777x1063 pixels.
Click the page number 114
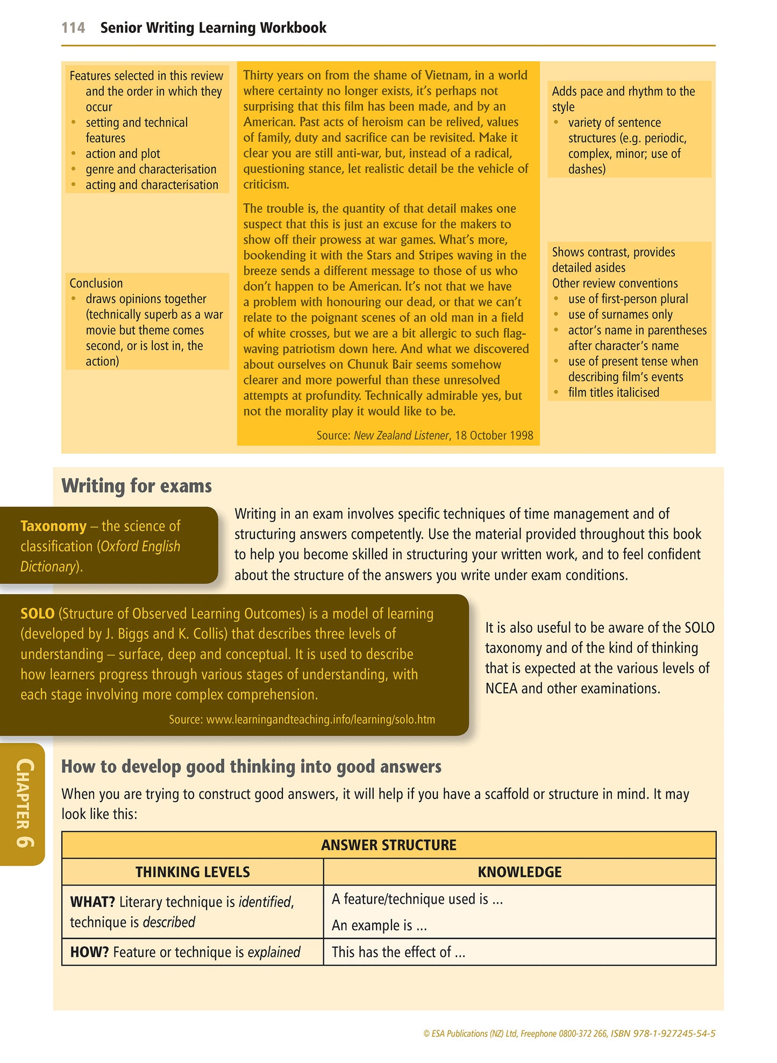[x=73, y=28]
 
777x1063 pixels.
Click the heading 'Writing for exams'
[x=137, y=486]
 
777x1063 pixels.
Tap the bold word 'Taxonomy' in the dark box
[x=53, y=526]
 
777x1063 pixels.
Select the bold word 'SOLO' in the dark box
[x=38, y=613]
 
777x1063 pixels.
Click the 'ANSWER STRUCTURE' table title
[x=388, y=845]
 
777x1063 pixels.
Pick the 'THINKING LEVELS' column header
[x=193, y=872]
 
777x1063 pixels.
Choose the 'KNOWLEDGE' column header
[x=519, y=872]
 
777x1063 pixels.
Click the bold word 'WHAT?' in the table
[x=92, y=902]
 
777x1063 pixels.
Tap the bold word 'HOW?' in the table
[x=89, y=952]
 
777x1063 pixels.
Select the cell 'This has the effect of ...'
[x=398, y=952]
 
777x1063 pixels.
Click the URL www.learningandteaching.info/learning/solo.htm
[x=320, y=719]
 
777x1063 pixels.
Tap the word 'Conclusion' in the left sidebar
[x=96, y=283]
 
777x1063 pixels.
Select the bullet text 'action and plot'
[x=123, y=154]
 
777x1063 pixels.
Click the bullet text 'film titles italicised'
[x=614, y=393]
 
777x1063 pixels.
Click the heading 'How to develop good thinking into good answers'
[x=251, y=766]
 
